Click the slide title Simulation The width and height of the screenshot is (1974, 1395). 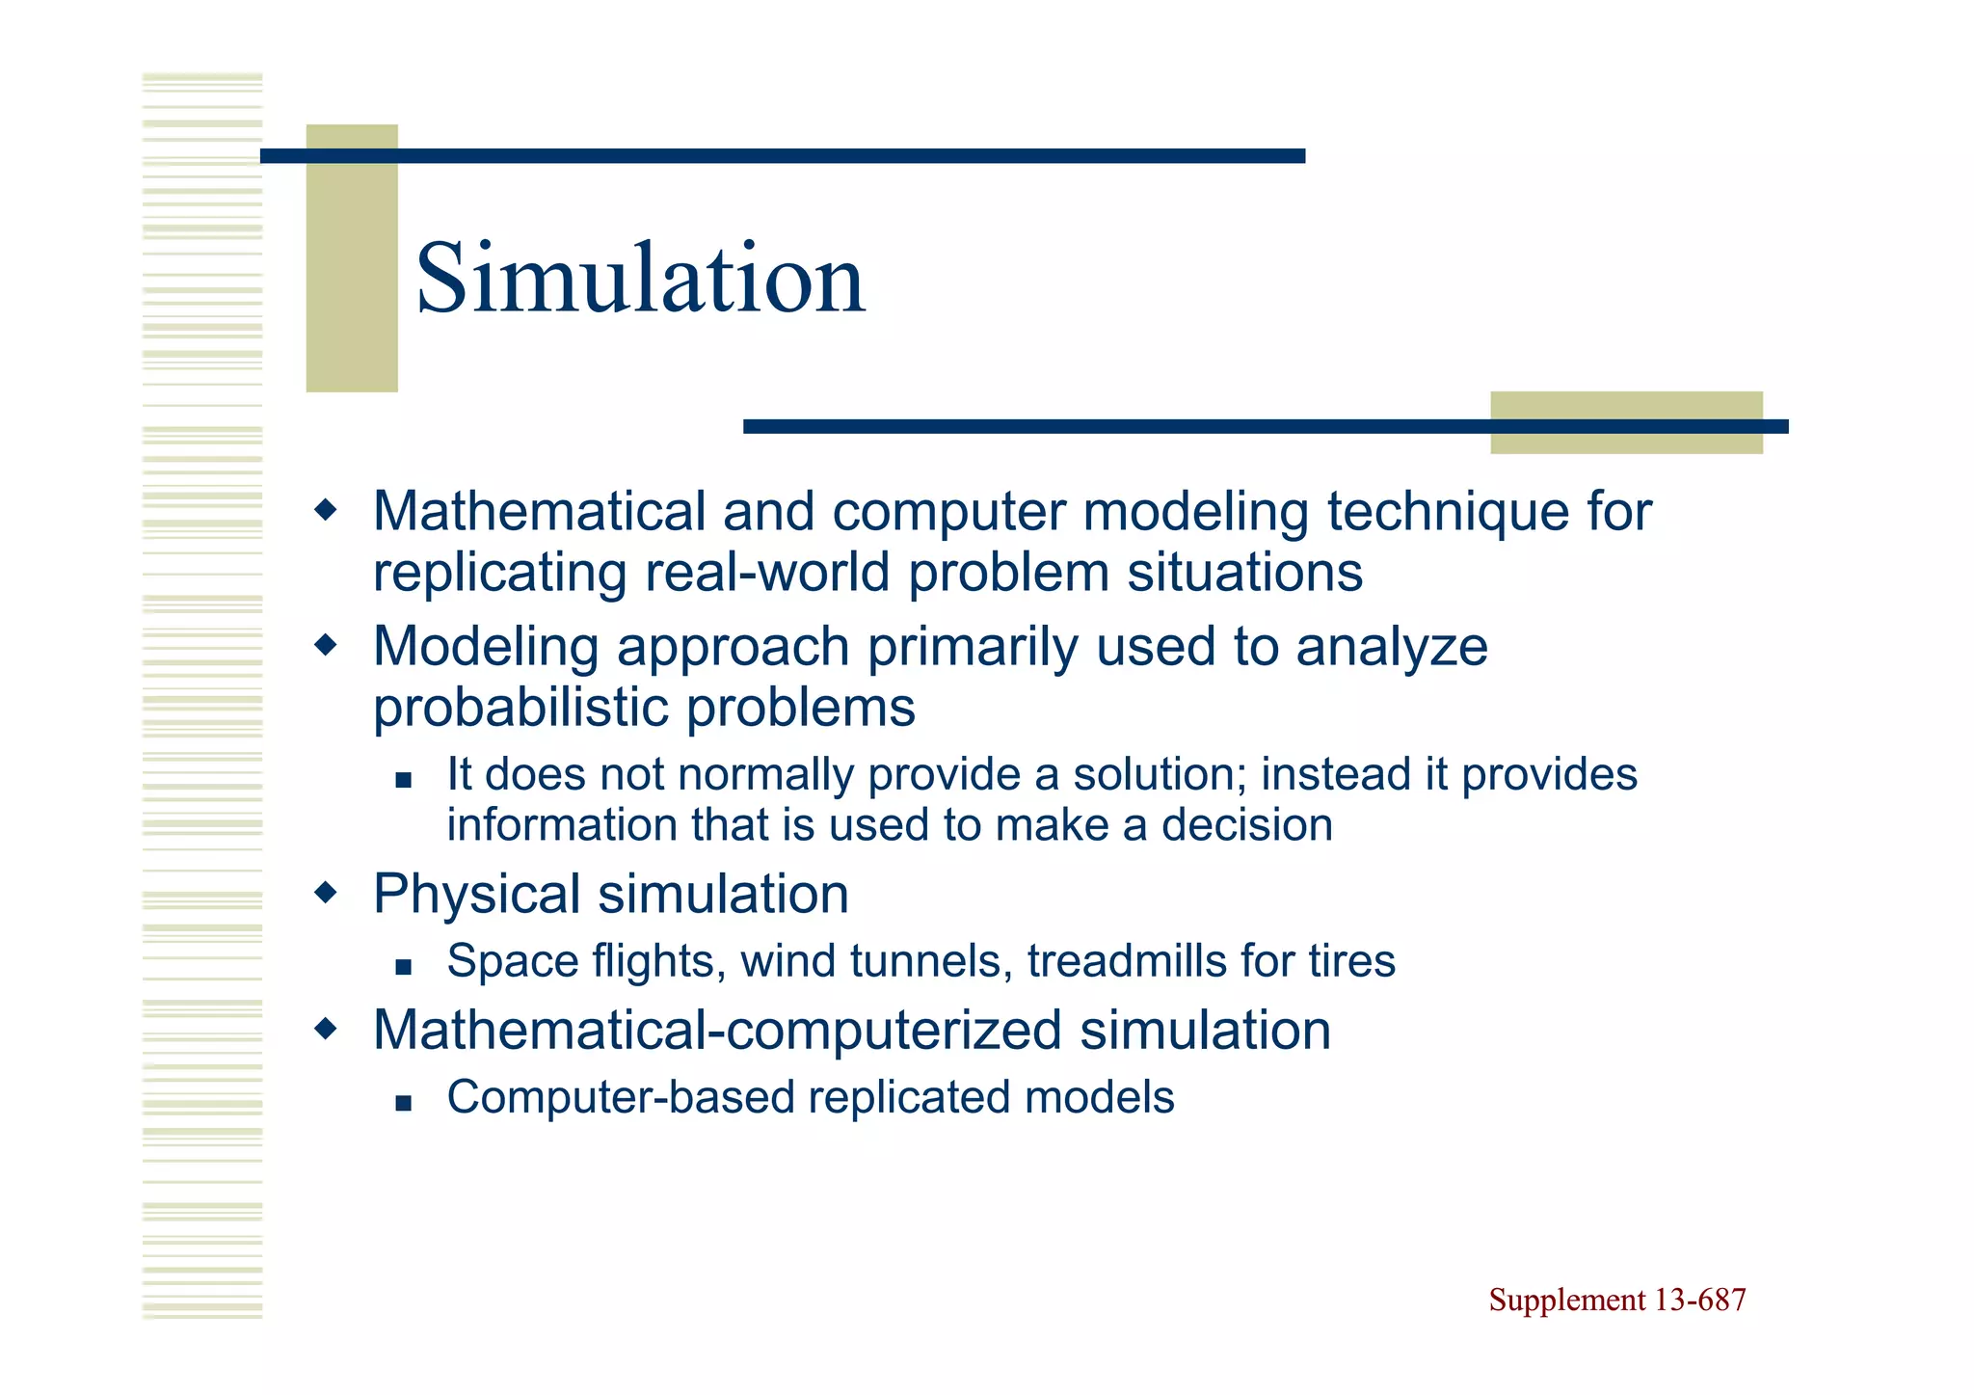pos(640,280)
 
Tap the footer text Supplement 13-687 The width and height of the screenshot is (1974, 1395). pos(1616,1300)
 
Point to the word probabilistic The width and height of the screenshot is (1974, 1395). pos(521,709)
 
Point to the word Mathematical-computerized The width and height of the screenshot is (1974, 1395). pos(717,1030)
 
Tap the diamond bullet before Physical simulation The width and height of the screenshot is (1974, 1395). pos(327,893)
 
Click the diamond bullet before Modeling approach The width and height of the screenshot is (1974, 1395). pos(327,644)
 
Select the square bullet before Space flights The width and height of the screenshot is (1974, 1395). pos(403,966)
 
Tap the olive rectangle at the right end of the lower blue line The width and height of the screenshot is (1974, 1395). pos(1626,422)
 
